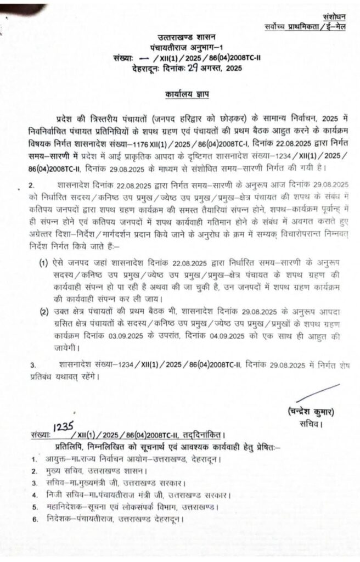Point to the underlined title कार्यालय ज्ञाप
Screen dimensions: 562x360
click(x=187, y=94)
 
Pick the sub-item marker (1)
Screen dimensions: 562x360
click(x=43, y=265)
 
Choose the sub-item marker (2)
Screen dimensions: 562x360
click(x=43, y=312)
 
